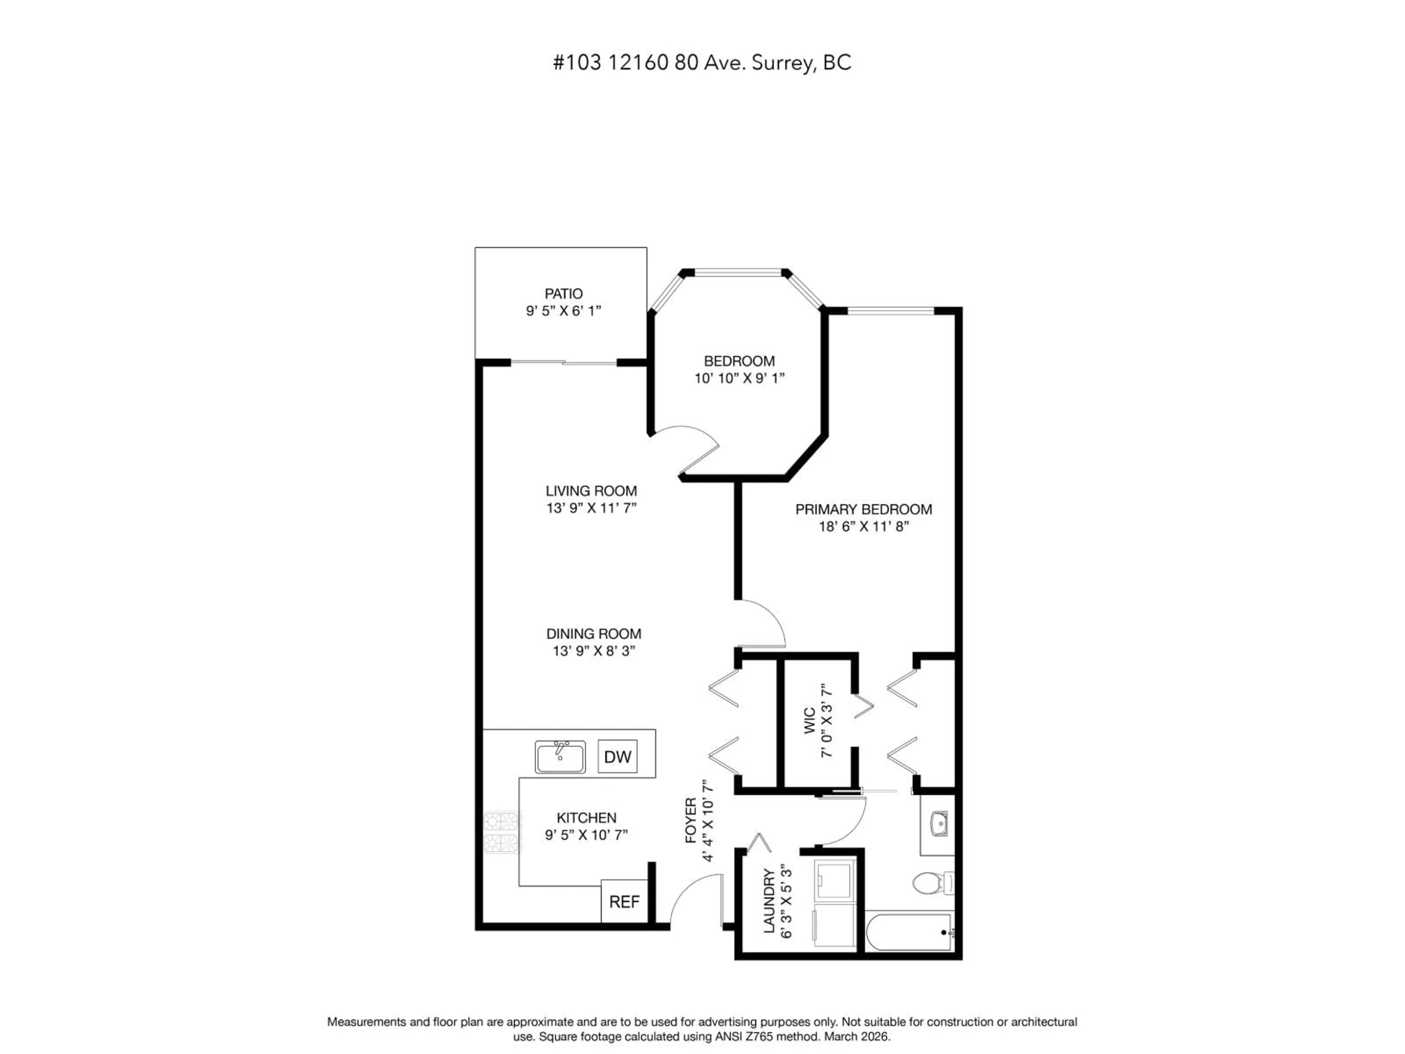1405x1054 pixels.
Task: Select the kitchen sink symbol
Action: click(x=559, y=757)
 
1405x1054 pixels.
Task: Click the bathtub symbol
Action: click(x=909, y=932)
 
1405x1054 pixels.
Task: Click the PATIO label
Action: click(x=563, y=294)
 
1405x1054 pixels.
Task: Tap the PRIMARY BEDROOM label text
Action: click(x=863, y=509)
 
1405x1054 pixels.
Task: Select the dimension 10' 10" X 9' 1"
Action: click(x=739, y=378)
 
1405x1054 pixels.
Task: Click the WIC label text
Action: click(x=810, y=721)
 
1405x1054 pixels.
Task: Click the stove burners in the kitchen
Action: click(x=502, y=832)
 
